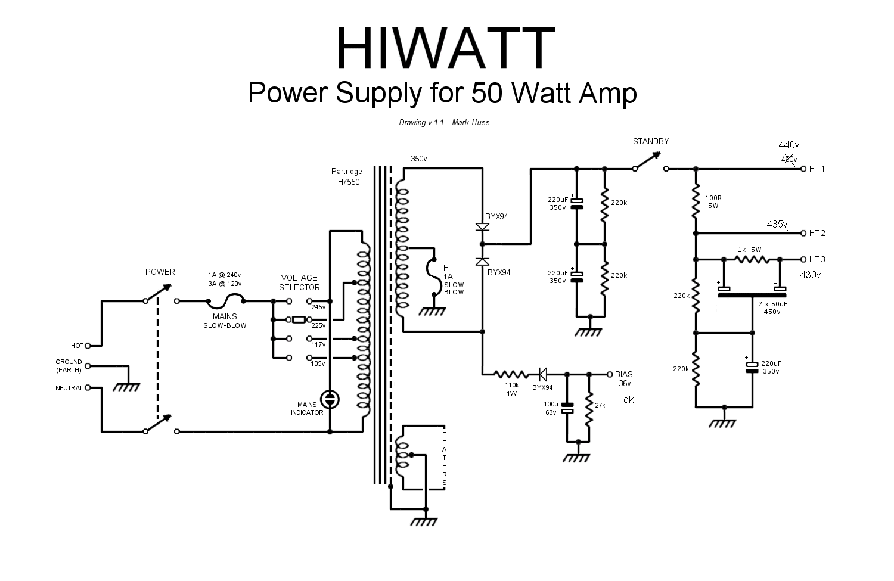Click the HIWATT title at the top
(x=445, y=48)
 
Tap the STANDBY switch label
(x=650, y=142)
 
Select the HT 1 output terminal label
(x=817, y=169)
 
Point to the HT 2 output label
(x=817, y=233)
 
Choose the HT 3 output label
(x=817, y=259)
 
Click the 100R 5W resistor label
(x=713, y=201)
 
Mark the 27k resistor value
(x=600, y=405)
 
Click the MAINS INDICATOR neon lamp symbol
(x=330, y=399)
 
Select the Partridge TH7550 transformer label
(x=346, y=176)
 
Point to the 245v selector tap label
(x=319, y=307)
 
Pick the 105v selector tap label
(x=319, y=363)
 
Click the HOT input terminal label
(x=77, y=346)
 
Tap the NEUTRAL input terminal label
(x=69, y=388)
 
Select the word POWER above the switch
(x=160, y=272)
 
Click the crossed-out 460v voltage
(x=789, y=159)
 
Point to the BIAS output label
(x=623, y=374)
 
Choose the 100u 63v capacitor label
(x=550, y=408)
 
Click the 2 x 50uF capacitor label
(x=772, y=307)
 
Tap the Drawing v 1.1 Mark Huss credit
(x=444, y=123)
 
